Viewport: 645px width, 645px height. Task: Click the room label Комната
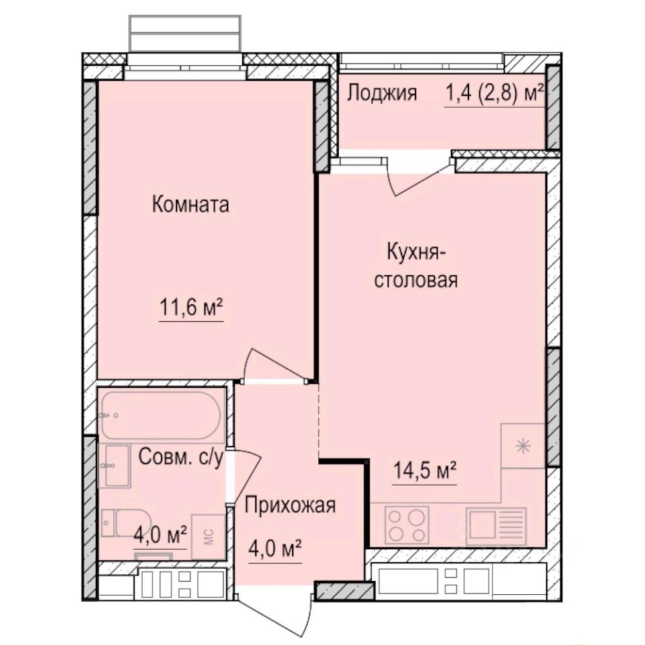pos(190,204)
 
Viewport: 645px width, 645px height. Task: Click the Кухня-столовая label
pos(415,267)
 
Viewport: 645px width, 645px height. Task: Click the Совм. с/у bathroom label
pos(180,458)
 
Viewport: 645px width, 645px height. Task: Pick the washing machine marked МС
pos(208,537)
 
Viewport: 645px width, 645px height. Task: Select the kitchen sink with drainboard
pos(497,524)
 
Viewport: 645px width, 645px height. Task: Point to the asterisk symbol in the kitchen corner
pos(523,445)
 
